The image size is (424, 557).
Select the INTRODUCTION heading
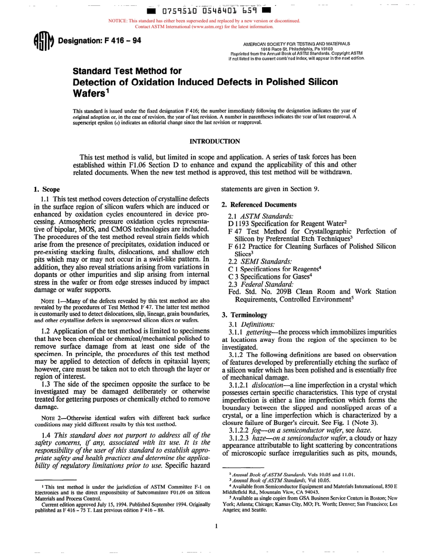click(215, 142)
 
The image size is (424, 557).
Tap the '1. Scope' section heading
click(47, 189)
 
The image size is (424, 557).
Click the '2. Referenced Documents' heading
click(259, 205)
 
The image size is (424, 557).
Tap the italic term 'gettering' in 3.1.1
click(256, 332)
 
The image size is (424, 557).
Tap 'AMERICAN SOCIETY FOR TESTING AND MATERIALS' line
click(296, 44)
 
